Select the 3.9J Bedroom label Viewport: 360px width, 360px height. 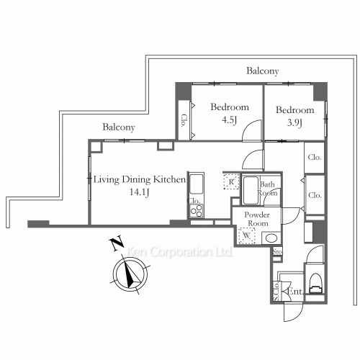[x=295, y=110]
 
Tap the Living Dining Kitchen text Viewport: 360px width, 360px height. [x=140, y=179]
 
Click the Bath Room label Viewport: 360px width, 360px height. [x=269, y=189]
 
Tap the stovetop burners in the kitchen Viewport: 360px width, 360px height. [x=196, y=210]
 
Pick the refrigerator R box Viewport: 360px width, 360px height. [x=230, y=182]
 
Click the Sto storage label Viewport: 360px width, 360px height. [x=277, y=252]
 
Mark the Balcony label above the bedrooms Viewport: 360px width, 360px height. [x=262, y=71]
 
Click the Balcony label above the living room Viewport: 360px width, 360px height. [x=119, y=127]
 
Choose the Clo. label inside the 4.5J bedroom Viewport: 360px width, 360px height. [x=184, y=120]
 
